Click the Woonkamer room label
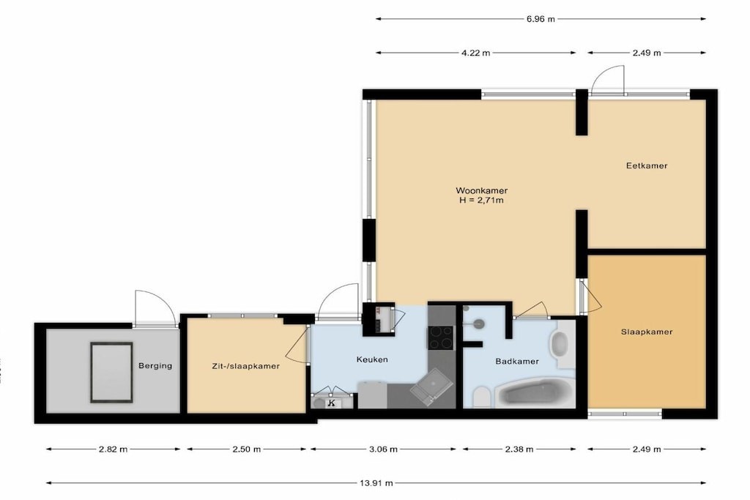pyautogui.click(x=481, y=190)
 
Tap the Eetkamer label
pyautogui.click(x=647, y=166)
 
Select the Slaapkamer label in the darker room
pyautogui.click(x=647, y=332)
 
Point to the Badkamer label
pyautogui.click(x=517, y=362)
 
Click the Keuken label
pyautogui.click(x=372, y=359)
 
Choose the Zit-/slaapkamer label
pyautogui.click(x=246, y=367)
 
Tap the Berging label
pyautogui.click(x=155, y=366)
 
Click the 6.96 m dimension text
pyautogui.click(x=541, y=19)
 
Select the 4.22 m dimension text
pyautogui.click(x=475, y=53)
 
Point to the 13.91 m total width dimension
pyautogui.click(x=376, y=483)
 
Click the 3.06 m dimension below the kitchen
pyautogui.click(x=383, y=449)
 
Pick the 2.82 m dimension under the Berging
pyautogui.click(x=114, y=449)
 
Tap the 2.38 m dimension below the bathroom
pyautogui.click(x=519, y=449)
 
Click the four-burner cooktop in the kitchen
pyautogui.click(x=440, y=337)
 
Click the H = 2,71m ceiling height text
pyautogui.click(x=481, y=201)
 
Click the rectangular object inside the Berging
pyautogui.click(x=111, y=373)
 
